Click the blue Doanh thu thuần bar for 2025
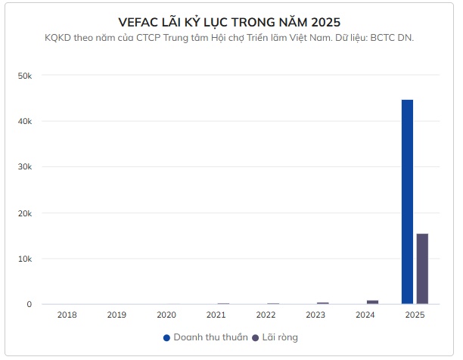(407, 202)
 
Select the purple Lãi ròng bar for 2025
(422, 268)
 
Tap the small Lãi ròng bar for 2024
(372, 302)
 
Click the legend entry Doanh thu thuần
(205, 337)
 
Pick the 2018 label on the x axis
(67, 315)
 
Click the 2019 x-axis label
(117, 315)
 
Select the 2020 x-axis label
(166, 315)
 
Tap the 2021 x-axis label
(216, 315)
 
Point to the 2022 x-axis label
(266, 315)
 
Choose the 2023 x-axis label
(315, 315)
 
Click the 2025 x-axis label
(415, 315)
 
